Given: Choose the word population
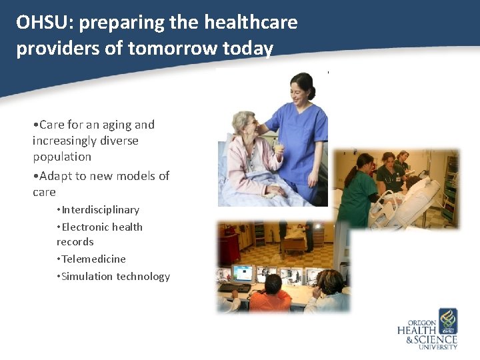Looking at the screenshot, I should coord(62,157).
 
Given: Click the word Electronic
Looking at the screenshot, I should coord(86,227).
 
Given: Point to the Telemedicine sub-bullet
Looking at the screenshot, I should coord(93,259).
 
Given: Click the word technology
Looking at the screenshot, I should coord(143,277).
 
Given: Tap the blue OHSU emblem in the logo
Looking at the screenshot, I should coord(447,321).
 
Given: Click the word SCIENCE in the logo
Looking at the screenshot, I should coord(437,339).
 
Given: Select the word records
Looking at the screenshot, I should coord(75,242).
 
